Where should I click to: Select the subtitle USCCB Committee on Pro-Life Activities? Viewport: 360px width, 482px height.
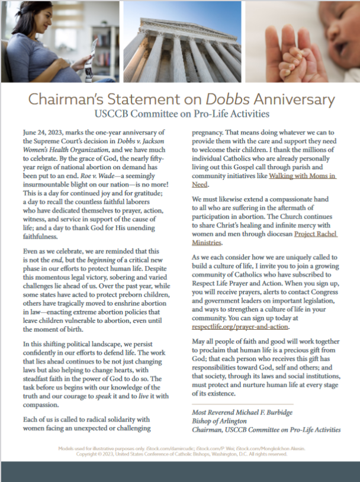pos(179,113)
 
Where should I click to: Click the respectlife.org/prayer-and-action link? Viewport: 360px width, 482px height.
pos(240,326)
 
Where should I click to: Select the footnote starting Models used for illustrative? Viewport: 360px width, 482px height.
pos(179,449)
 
